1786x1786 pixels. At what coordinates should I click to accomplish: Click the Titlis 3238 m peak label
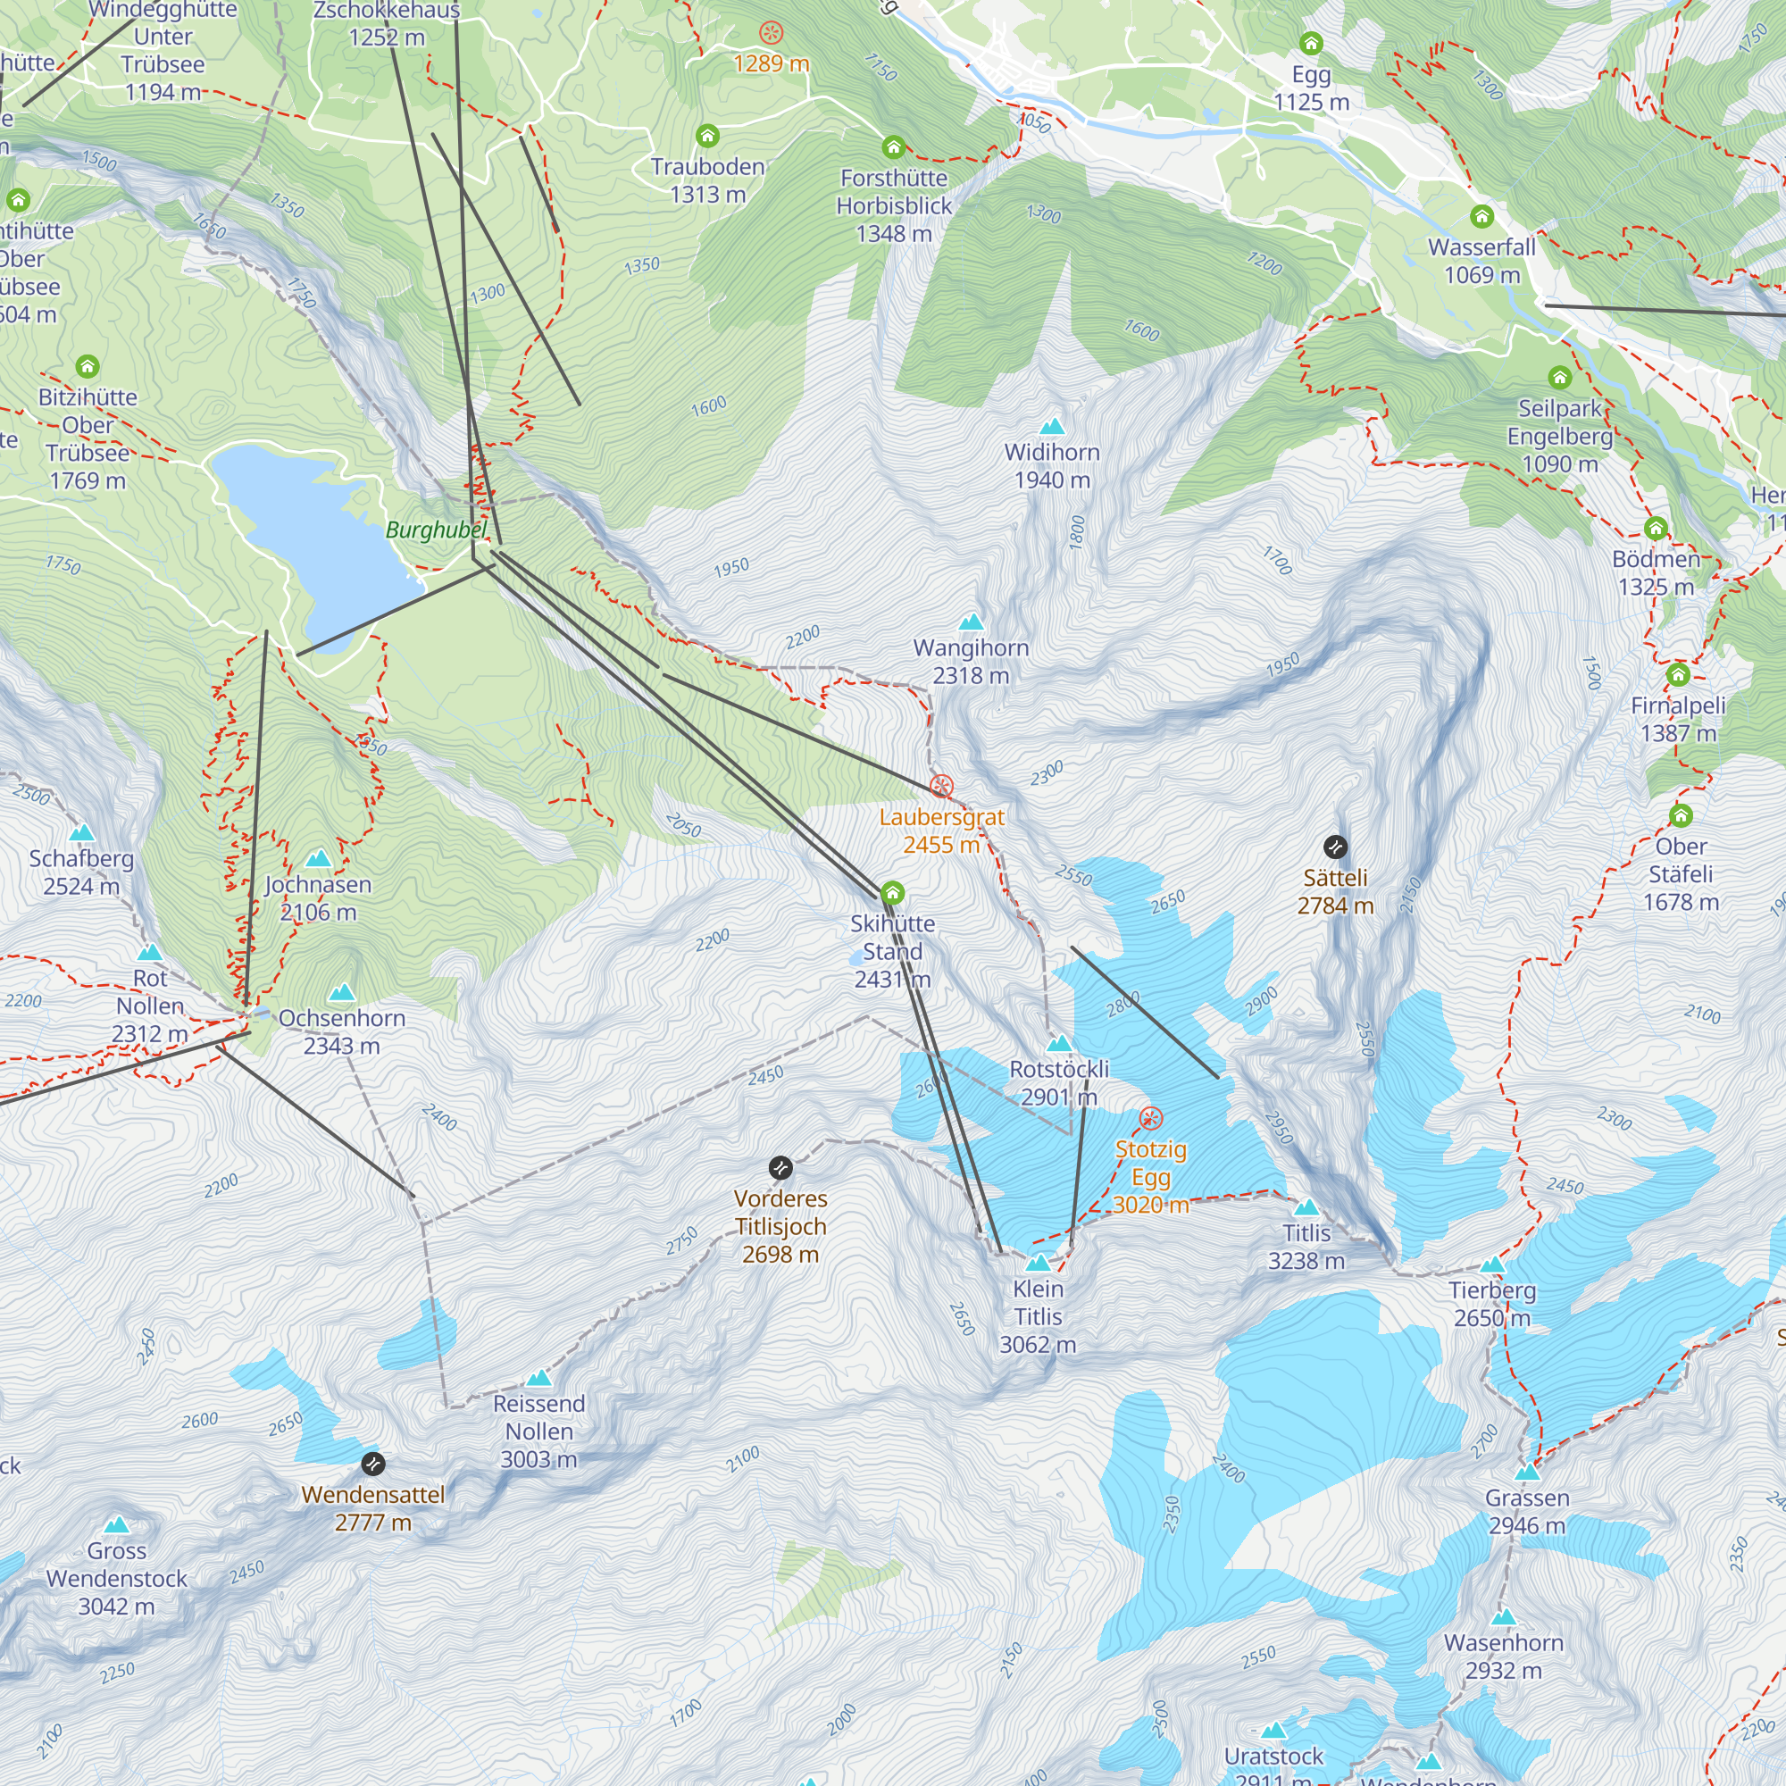(x=1306, y=1247)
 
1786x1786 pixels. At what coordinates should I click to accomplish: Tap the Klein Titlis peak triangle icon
(x=1039, y=1263)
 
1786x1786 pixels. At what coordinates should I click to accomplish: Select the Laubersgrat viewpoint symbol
(x=941, y=787)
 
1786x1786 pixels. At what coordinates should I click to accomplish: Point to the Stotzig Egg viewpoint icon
(x=1150, y=1119)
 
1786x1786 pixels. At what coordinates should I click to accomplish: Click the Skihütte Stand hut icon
(x=892, y=893)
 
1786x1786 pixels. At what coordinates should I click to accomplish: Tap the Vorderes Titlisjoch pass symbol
(x=780, y=1167)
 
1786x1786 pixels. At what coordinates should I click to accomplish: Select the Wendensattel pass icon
(x=372, y=1464)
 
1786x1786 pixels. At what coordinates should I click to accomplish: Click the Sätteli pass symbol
(x=1335, y=847)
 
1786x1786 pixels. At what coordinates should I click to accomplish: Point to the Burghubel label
(x=436, y=530)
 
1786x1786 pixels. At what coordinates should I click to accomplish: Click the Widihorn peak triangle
(x=1052, y=427)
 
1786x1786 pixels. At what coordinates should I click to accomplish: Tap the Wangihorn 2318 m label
(x=971, y=662)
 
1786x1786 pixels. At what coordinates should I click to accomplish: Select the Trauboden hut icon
(x=707, y=137)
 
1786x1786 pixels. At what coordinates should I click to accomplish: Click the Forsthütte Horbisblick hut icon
(x=893, y=148)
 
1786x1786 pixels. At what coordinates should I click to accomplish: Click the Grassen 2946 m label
(x=1527, y=1512)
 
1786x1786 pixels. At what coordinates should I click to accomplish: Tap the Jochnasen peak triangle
(x=318, y=859)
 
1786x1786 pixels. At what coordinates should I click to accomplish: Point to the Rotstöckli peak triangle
(x=1059, y=1045)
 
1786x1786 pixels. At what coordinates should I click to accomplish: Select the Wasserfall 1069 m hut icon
(x=1481, y=217)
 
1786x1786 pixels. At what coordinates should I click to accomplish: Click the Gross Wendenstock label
(x=116, y=1578)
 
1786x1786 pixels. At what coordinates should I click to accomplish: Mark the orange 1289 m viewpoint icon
(x=771, y=34)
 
